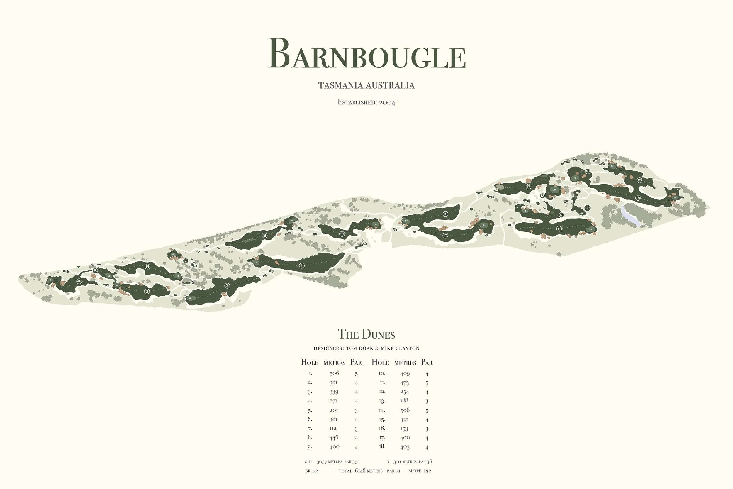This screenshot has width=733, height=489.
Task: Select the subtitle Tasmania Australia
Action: click(366, 85)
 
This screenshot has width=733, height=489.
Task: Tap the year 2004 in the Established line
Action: click(387, 102)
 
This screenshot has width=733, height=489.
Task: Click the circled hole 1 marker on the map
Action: click(301, 266)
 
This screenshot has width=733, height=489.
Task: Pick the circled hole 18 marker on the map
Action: click(445, 214)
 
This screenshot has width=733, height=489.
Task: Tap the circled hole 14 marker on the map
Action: click(638, 198)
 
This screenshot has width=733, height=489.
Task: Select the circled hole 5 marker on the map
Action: click(95, 271)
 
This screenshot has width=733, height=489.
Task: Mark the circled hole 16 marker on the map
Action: click(588, 171)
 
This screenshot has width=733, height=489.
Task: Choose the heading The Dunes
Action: click(366, 334)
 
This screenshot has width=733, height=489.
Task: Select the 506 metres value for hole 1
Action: click(334, 373)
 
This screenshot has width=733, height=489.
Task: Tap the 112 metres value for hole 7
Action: click(333, 429)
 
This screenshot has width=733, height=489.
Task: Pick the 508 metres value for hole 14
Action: click(405, 410)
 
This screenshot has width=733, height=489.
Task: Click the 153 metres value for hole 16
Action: click(404, 429)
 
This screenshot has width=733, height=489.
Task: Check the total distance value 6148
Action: click(360, 471)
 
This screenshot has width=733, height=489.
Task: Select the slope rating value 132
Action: click(427, 471)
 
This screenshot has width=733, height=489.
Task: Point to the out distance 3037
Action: click(322, 461)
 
